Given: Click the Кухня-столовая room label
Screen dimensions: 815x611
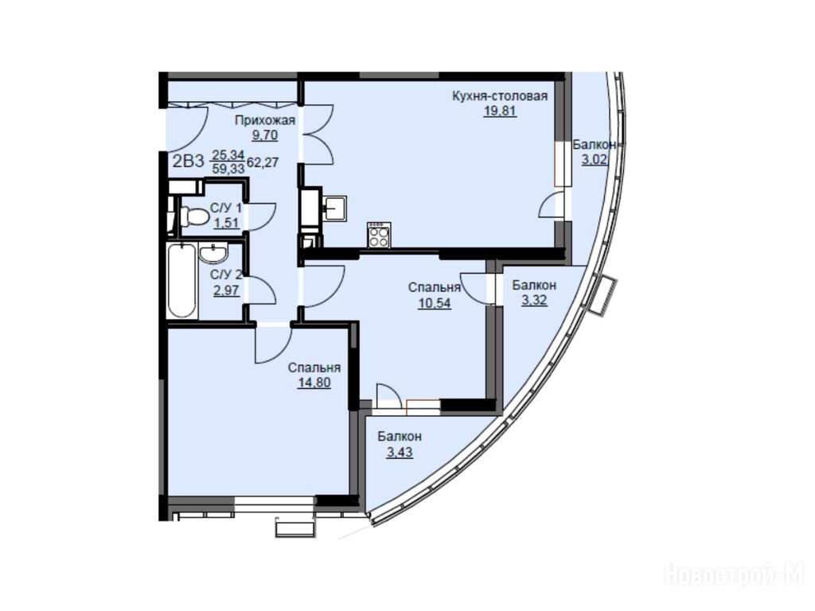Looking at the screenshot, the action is point(500,96).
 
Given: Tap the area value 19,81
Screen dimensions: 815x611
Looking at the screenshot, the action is point(500,111).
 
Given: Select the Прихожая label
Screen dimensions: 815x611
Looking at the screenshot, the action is point(265,121).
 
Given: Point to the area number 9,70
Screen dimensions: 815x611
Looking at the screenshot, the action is point(265,135).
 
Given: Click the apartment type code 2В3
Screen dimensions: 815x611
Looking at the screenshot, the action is point(188,161).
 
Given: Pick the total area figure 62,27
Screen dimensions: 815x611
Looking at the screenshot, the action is point(263,162).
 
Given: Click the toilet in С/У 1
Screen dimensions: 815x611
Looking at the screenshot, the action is point(190,216).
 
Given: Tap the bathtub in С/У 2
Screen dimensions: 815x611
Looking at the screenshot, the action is point(182,281).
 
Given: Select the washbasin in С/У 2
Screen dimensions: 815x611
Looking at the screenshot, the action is point(213,253).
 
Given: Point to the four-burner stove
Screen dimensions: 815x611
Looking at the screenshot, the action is point(379,235).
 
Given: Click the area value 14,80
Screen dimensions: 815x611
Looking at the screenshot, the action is point(314,383).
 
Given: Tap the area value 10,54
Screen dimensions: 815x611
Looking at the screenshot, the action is point(435,303).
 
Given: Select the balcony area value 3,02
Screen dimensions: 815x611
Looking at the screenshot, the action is point(594,159).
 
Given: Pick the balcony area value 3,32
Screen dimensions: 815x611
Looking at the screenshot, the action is point(534,300).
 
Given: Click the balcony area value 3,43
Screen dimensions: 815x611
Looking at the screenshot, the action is point(400,452).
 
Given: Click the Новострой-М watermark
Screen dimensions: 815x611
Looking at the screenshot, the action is point(734,575).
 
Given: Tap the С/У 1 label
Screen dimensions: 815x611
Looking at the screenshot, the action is point(226,208).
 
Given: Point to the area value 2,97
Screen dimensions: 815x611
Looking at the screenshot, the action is point(227,290).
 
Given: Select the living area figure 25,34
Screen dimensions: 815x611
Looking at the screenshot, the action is point(228,155).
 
